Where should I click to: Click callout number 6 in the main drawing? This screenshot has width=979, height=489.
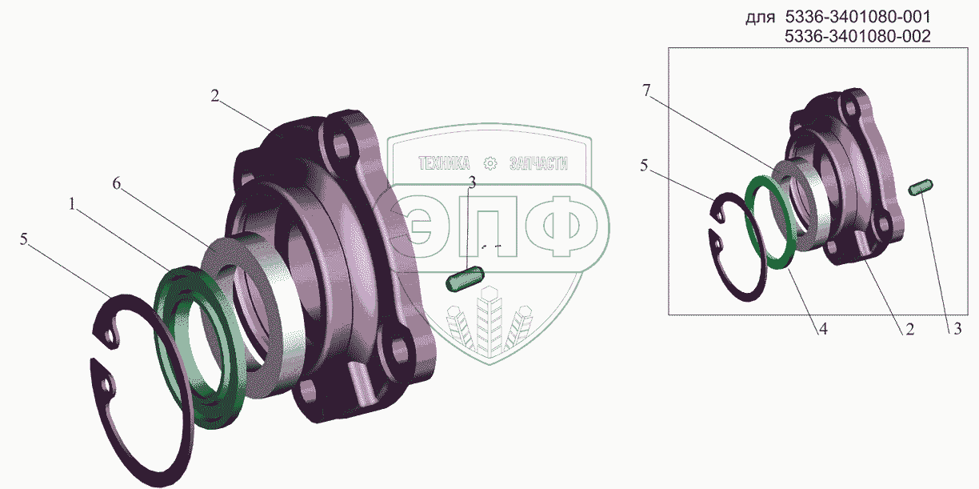116,184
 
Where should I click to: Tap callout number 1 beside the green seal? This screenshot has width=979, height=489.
72,204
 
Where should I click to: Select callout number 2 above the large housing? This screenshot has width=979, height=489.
214,96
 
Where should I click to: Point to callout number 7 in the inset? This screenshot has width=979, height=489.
646,90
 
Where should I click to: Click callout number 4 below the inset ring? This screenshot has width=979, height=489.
823,329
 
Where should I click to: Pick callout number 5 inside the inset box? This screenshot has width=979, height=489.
644,166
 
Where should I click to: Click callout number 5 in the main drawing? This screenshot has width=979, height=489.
24,239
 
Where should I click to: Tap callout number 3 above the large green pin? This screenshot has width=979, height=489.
472,182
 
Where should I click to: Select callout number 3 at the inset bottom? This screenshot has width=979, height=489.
957,329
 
